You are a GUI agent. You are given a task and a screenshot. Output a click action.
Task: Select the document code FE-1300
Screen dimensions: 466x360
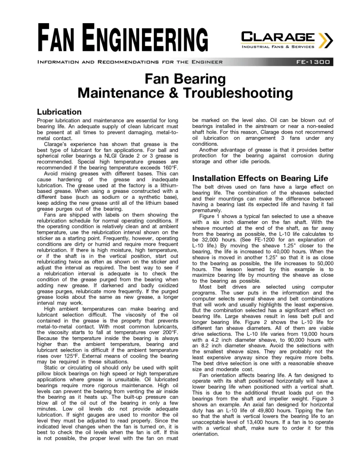[314, 62]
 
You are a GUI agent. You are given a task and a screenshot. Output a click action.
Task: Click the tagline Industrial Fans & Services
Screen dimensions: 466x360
[277, 46]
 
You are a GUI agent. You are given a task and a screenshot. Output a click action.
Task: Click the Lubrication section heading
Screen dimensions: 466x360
[59, 111]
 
